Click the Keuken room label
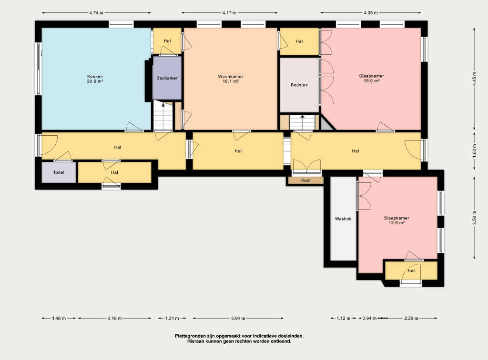95,79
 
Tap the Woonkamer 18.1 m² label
230,79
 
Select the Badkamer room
167,78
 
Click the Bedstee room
299,85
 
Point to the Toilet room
59,172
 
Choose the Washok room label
343,219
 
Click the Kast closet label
306,180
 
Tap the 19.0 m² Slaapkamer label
371,79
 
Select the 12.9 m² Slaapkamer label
396,220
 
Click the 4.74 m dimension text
96,13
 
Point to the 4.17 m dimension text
229,13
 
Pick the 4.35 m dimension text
371,13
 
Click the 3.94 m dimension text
238,319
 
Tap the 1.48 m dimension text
59,319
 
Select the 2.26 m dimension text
411,319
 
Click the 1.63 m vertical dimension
474,151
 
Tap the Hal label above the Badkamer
167,41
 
